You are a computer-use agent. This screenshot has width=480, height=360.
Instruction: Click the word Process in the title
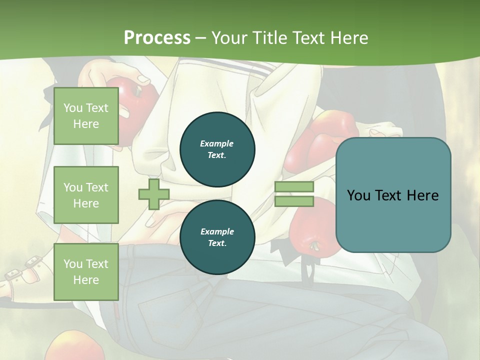[x=157, y=38]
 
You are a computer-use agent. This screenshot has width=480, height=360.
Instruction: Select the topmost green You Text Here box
[x=86, y=116]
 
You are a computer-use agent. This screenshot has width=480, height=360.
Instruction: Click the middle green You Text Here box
[x=86, y=195]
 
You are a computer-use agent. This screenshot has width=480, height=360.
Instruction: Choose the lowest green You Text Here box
[x=86, y=271]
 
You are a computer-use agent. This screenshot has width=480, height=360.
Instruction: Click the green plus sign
[x=153, y=194]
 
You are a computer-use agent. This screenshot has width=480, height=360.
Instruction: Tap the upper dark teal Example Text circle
[x=217, y=149]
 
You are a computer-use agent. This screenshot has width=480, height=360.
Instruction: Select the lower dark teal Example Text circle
[x=217, y=237]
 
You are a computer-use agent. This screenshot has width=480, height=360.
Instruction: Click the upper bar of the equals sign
[x=294, y=187]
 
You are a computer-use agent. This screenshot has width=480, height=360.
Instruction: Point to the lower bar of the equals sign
[x=294, y=201]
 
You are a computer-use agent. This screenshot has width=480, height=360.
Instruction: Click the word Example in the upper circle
[x=217, y=144]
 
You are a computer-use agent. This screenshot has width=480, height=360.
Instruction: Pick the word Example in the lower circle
[x=217, y=232]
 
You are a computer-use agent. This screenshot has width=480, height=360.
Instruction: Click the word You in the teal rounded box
[x=358, y=195]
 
